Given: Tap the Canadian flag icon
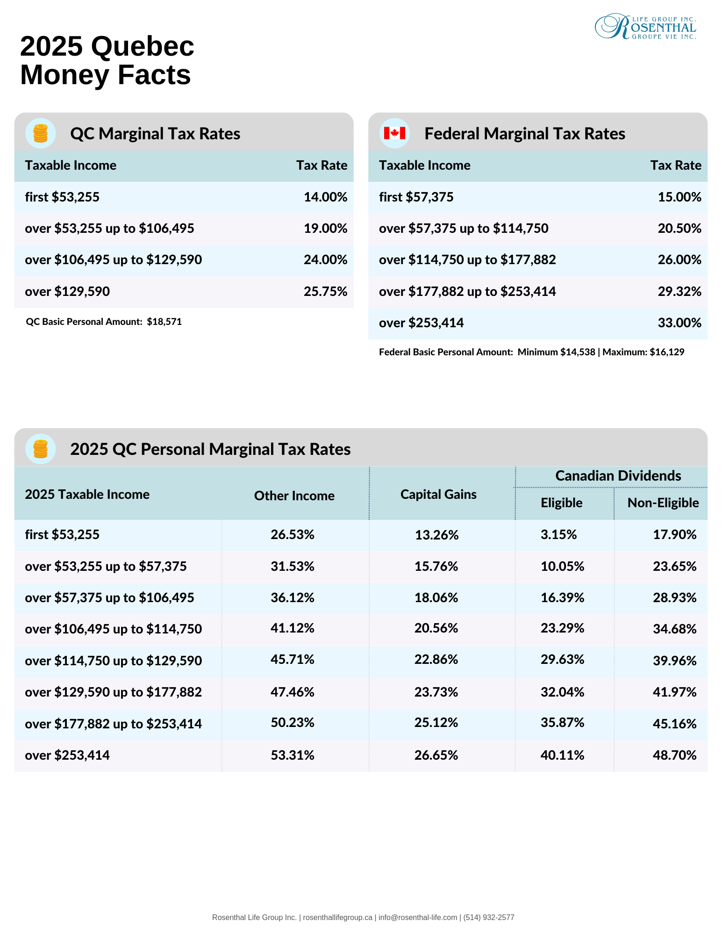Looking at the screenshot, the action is (394, 133).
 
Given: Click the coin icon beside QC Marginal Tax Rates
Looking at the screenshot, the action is (41, 133).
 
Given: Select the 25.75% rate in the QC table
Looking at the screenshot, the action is (325, 291).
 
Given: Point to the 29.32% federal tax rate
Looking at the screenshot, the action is (679, 291).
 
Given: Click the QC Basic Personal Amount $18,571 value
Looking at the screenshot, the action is (164, 322).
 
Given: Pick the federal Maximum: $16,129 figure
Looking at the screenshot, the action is (643, 352).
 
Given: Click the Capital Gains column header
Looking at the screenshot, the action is (438, 494).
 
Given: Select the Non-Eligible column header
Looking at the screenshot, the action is (663, 503).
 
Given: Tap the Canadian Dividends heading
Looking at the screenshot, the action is (618, 475).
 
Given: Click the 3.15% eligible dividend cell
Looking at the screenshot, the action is (559, 534).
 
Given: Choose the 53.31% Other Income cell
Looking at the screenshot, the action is (293, 755).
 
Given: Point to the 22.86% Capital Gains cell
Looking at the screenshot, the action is (436, 659).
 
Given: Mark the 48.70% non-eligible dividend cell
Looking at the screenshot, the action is (675, 755).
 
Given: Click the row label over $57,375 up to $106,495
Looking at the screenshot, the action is (109, 597).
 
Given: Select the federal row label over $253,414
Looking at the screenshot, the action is (422, 323).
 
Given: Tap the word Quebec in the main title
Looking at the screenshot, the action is (143, 46).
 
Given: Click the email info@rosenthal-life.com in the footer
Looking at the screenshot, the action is (418, 917).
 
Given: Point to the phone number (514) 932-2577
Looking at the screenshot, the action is (489, 917).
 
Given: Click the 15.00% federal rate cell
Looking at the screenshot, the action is (679, 197).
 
